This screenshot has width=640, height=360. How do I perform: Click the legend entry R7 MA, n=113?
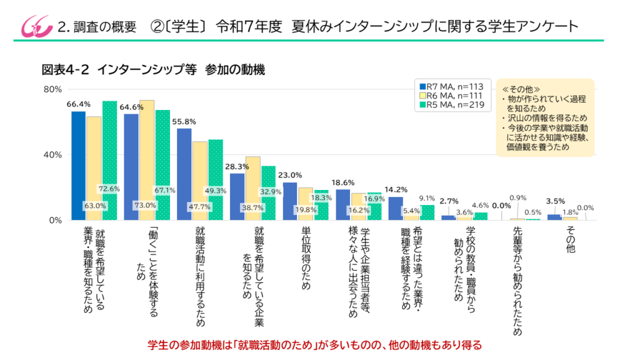[449, 86]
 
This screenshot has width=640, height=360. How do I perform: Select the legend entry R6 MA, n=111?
[449, 96]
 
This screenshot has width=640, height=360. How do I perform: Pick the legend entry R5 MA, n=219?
[449, 105]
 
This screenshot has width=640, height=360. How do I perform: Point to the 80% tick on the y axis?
[52, 89]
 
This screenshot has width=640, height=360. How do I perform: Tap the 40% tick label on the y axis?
[52, 154]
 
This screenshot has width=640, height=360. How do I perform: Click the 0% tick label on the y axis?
[56, 220]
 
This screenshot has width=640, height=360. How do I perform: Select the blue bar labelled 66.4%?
[78, 166]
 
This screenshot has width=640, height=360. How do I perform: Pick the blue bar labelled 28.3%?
[237, 196]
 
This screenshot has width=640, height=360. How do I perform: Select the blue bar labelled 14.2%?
[396, 208]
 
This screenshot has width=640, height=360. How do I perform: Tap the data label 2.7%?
[449, 201]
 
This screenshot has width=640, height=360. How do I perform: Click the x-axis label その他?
[570, 239]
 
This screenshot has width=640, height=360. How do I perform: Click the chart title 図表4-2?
[65, 69]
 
